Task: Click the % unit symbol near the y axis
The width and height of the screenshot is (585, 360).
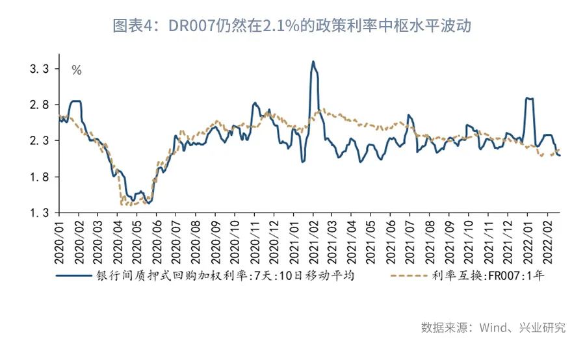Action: click(x=76, y=70)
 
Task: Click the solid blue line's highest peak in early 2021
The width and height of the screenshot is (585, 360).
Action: click(x=313, y=62)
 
